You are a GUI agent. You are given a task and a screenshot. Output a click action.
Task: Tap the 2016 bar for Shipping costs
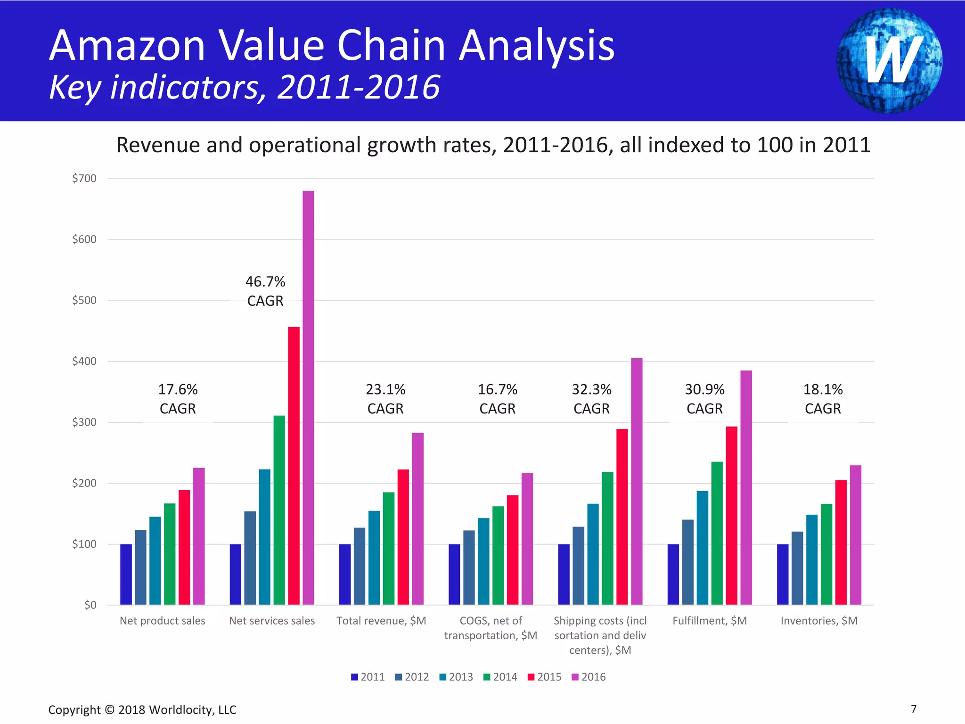637,481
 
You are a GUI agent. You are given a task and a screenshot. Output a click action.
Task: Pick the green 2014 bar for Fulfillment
717,533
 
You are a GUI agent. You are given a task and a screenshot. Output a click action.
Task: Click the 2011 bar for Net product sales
126,574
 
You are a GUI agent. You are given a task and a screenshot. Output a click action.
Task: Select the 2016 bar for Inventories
855,535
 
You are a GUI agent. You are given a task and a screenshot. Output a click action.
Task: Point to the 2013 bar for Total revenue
374,558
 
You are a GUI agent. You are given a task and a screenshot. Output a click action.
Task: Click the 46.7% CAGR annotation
265,291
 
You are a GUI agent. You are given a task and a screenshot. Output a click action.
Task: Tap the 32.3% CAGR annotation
591,399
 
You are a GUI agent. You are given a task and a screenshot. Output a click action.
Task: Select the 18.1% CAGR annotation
823,399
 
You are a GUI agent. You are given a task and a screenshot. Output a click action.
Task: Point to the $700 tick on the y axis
84,179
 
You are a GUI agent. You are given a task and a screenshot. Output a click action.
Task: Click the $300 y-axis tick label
84,422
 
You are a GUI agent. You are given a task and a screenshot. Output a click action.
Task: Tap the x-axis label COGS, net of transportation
491,628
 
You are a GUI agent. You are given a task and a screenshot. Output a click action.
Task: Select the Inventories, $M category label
819,621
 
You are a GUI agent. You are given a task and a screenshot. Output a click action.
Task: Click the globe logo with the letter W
889,60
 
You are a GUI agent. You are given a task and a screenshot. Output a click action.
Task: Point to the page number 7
914,709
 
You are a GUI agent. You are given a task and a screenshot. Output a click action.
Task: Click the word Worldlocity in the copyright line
181,710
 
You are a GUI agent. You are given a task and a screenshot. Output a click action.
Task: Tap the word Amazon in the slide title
127,46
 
